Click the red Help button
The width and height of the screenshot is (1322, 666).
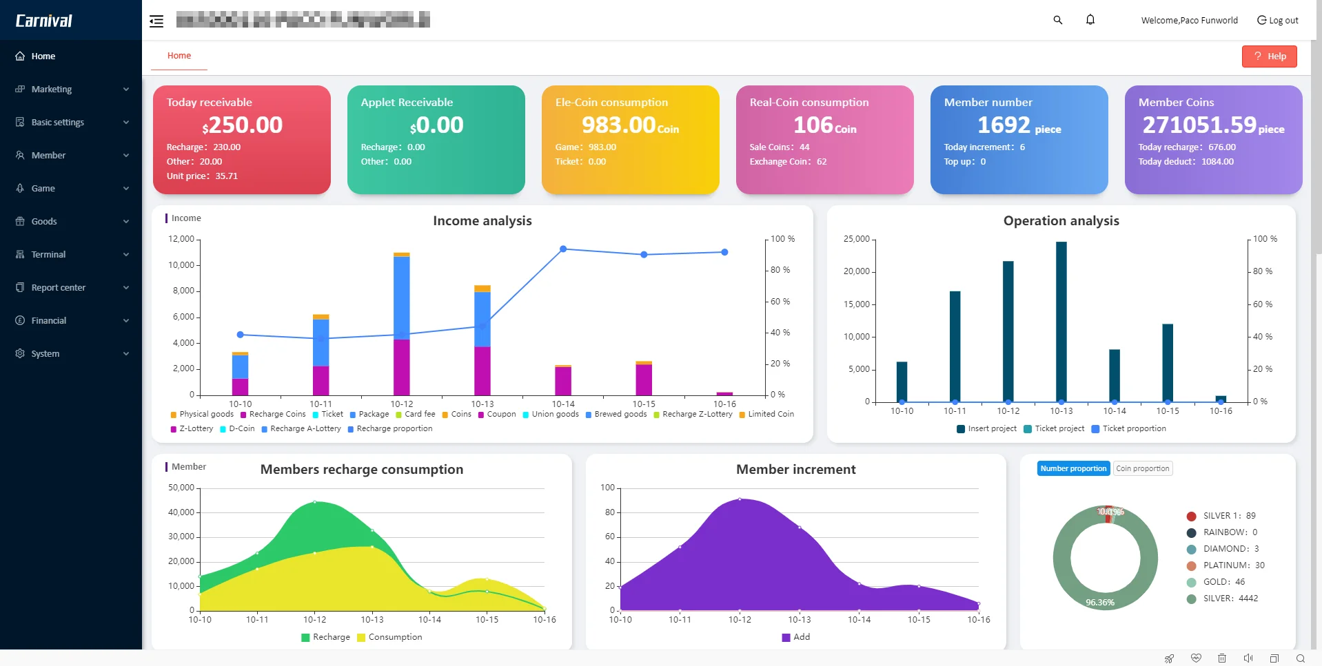(1269, 56)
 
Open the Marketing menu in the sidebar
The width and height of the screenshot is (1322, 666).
(52, 90)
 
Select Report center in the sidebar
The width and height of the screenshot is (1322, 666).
(59, 288)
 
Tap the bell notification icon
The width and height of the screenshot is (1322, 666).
(1090, 20)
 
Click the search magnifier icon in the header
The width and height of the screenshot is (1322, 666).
(1058, 20)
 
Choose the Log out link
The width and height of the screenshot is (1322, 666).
(1278, 21)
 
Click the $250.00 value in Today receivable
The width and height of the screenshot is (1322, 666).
(243, 125)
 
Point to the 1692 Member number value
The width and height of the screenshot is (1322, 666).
(1004, 125)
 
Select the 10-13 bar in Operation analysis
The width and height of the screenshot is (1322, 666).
(1061, 321)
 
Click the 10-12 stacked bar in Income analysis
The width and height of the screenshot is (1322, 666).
(401, 324)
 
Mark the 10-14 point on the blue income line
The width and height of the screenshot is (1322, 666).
(563, 249)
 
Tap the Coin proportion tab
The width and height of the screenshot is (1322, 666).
(1143, 469)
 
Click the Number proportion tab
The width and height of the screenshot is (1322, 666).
(1073, 469)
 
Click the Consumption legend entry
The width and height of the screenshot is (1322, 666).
(394, 638)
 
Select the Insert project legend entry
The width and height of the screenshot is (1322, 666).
(991, 429)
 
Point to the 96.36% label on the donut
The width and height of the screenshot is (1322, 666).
(1100, 603)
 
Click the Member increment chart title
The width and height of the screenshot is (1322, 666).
(795, 470)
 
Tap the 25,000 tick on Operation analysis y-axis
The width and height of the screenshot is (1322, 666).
(857, 239)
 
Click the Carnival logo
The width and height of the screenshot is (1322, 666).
(44, 21)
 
